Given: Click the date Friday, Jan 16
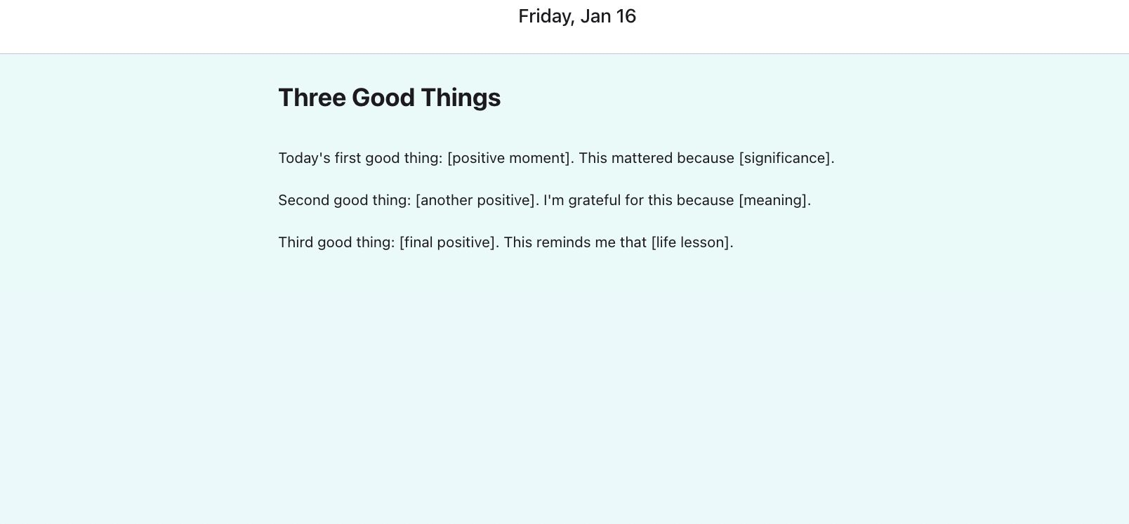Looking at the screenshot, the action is (x=577, y=16).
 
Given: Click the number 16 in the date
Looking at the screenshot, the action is (x=626, y=16).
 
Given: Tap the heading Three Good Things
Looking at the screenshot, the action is (x=390, y=98).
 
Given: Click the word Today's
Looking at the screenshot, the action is (x=305, y=158).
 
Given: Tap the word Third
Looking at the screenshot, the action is (x=296, y=242).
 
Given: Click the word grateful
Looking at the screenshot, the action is (x=594, y=200).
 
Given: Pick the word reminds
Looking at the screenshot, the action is (x=563, y=242).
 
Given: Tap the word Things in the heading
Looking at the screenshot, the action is (x=461, y=98).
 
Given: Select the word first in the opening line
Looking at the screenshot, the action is (x=348, y=158).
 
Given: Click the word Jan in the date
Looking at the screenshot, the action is (x=595, y=16).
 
